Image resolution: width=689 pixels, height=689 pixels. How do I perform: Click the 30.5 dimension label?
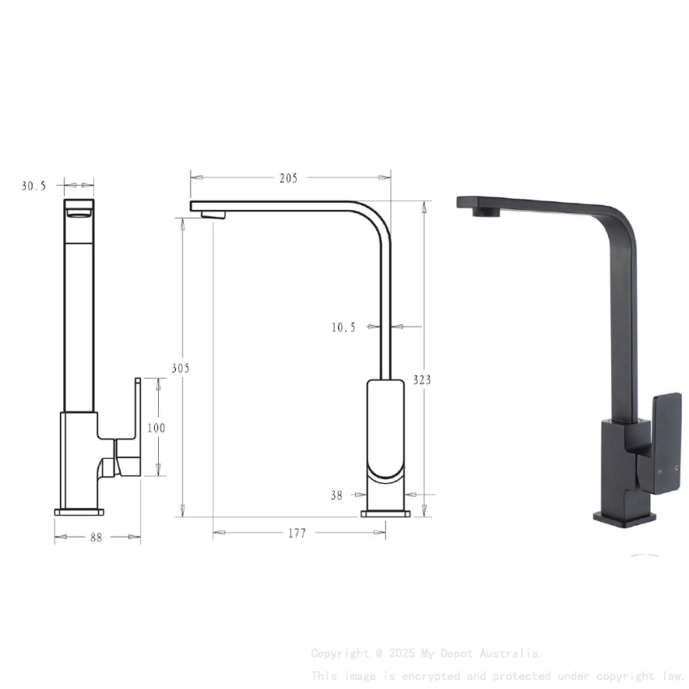pos(33,186)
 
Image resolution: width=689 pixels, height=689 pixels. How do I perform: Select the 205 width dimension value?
pos(289,178)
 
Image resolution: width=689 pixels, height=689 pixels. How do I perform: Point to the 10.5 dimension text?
pos(343,327)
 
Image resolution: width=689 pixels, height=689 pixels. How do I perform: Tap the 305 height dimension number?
pos(180,368)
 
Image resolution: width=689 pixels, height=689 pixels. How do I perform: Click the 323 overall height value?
pos(422,379)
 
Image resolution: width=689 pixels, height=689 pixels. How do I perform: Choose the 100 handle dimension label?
pos(156,428)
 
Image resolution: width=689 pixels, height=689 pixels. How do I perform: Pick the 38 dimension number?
pos(336,495)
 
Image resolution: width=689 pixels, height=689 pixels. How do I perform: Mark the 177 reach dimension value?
pos(297,533)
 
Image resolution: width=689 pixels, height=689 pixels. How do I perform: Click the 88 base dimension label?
pos(96,537)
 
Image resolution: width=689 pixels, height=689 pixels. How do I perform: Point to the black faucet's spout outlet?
pos(486,212)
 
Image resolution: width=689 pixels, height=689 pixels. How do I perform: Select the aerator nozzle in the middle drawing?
pos(214,215)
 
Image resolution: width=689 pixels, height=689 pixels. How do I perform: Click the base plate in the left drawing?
pos(79,512)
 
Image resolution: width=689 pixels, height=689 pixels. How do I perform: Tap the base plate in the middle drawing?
pos(385,512)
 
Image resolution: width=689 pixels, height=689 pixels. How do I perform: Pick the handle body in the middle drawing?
pos(386,430)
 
